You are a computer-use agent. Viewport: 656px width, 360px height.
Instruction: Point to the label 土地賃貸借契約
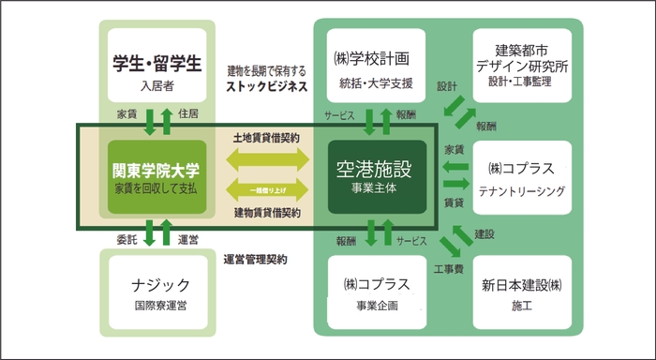click(x=266, y=137)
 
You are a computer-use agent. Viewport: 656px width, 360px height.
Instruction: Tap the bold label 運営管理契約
click(x=255, y=259)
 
